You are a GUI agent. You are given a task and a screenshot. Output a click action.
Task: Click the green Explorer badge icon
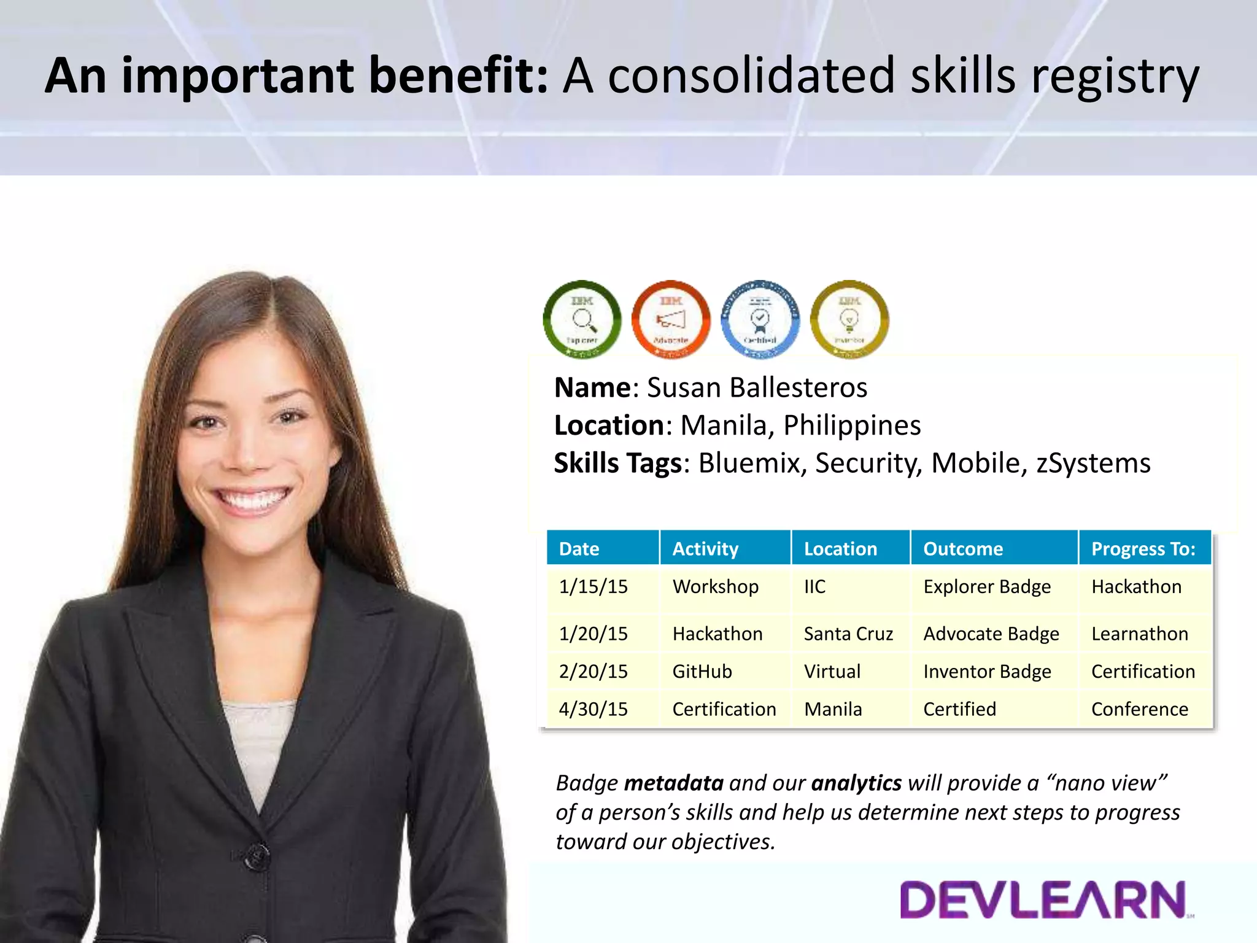coord(582,320)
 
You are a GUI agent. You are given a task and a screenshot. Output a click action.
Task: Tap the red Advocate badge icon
coord(671,320)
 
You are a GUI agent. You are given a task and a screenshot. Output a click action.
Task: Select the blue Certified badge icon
coord(760,320)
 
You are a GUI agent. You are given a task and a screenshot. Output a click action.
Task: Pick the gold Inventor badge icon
coord(849,320)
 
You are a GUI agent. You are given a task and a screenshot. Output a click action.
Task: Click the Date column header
coord(579,549)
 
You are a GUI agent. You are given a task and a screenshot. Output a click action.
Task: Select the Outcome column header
coord(963,549)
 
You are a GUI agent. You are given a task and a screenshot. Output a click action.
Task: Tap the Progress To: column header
coord(1143,549)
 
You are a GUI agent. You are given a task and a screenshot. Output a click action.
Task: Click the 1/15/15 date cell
coord(593,587)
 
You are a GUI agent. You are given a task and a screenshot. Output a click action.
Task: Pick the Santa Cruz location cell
coord(848,634)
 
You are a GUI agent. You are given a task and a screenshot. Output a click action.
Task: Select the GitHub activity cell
coord(702,672)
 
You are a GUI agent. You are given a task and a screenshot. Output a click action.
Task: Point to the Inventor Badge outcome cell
coord(987,672)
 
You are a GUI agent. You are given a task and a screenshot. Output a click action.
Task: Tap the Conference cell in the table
coord(1139,710)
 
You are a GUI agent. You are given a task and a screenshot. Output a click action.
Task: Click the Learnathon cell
coord(1139,634)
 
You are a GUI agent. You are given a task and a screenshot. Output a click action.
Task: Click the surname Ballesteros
coord(799,388)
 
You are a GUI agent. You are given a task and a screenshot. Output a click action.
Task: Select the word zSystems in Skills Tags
coord(1093,464)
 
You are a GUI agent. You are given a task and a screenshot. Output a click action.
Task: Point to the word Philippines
coord(852,425)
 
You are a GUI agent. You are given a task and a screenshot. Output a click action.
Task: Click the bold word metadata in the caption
coord(673,783)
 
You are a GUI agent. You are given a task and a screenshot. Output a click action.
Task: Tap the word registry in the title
coord(1115,77)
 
